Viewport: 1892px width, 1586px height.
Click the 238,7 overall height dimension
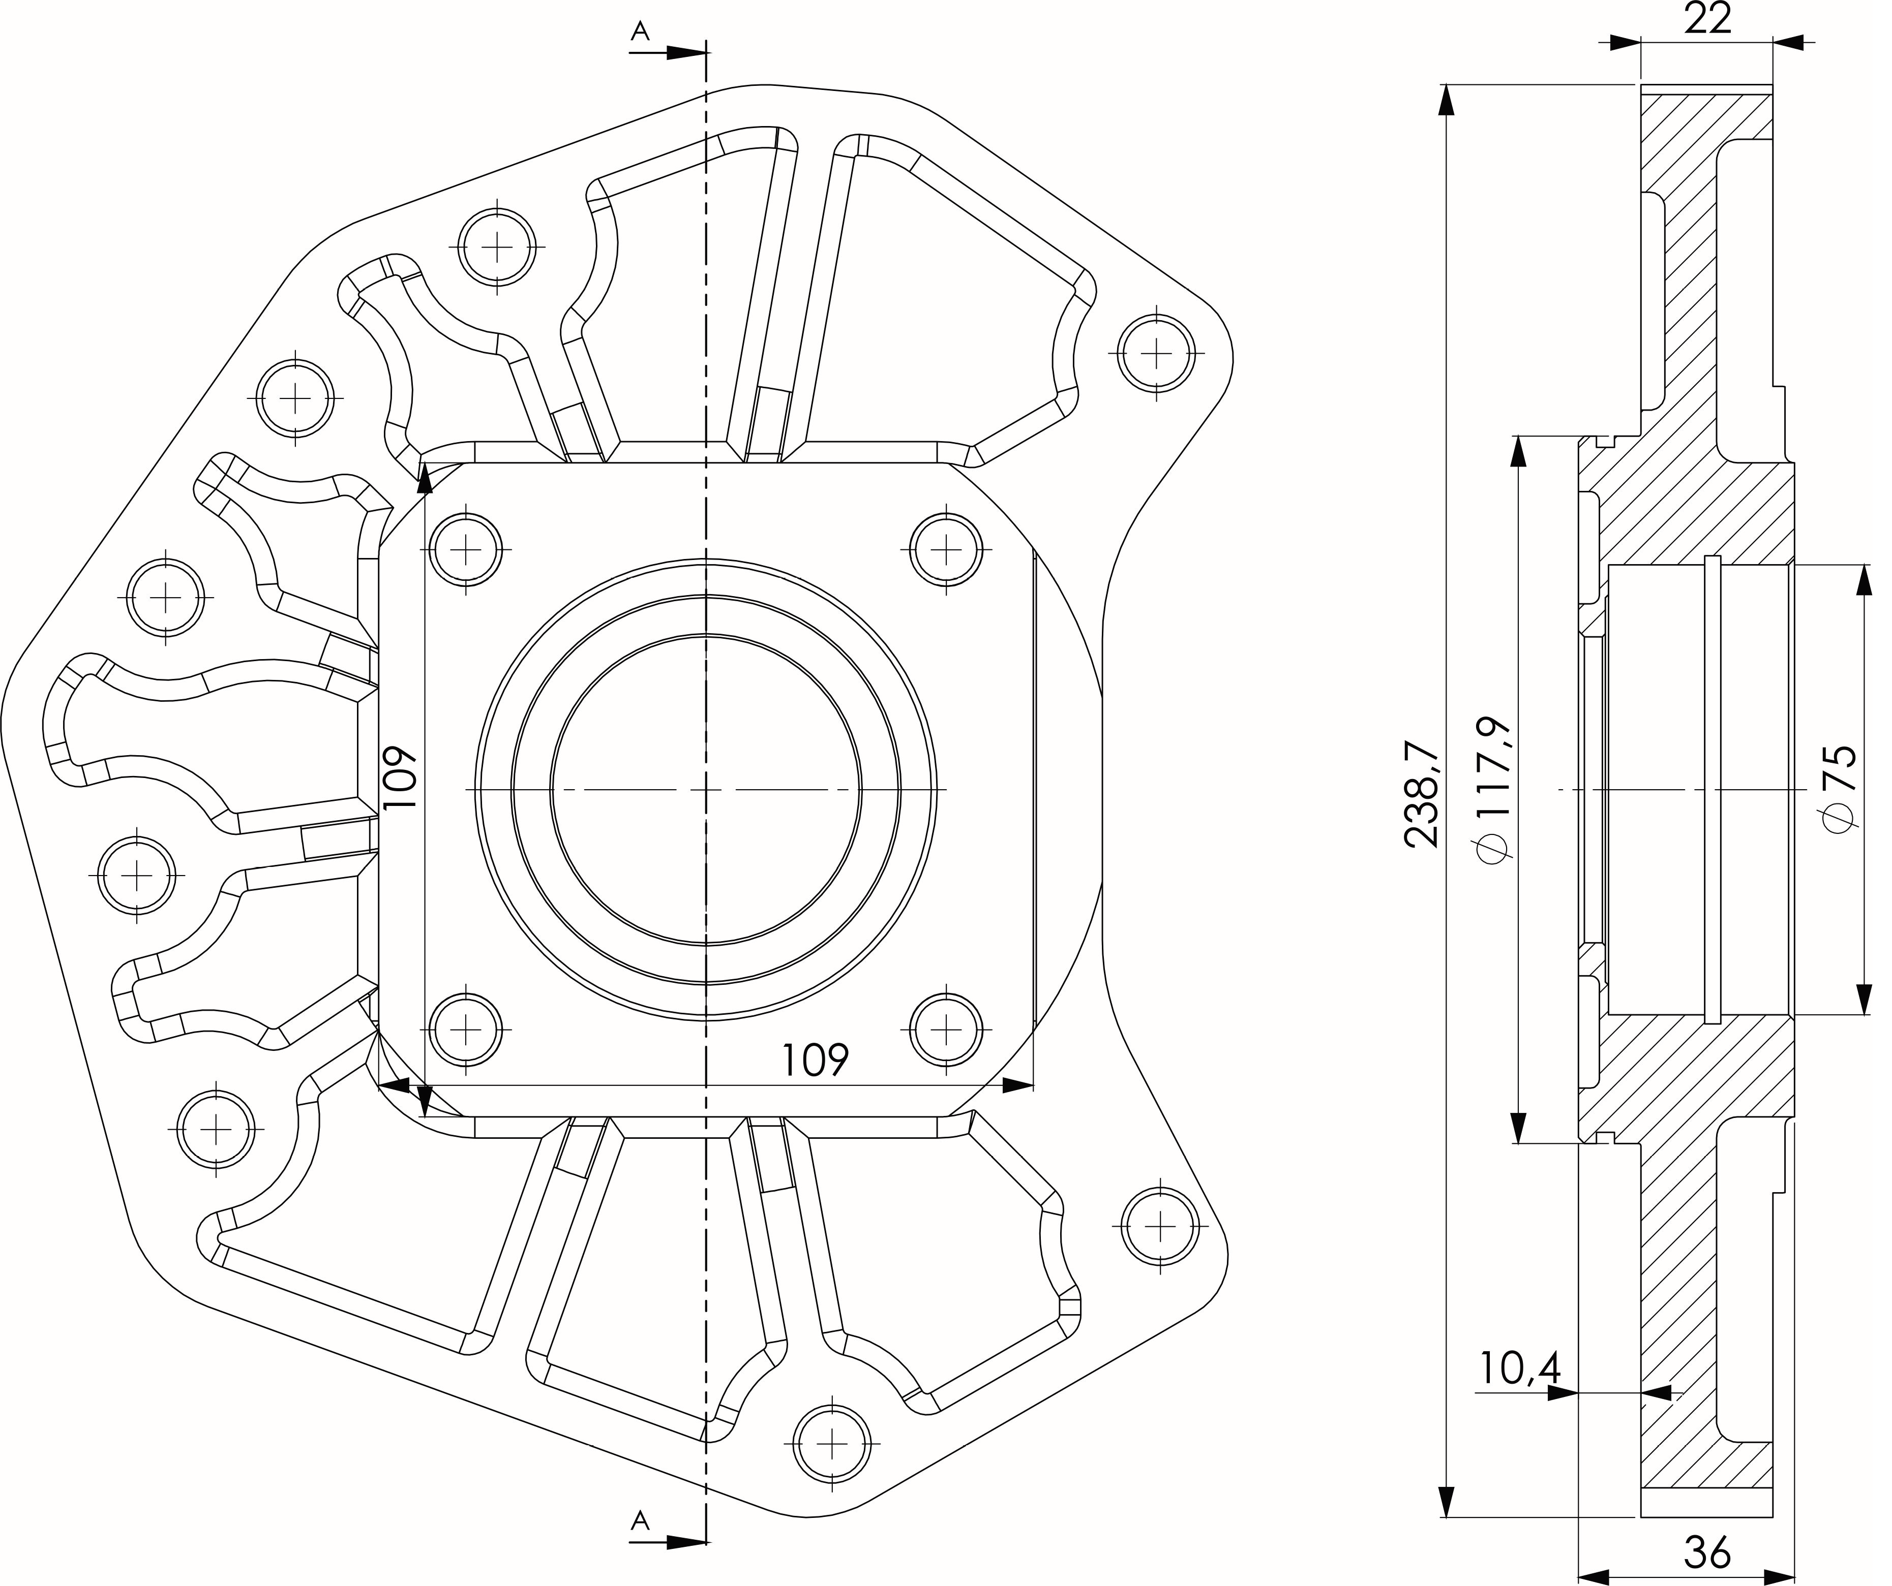[1424, 795]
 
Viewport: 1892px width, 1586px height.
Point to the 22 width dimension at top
[1707, 18]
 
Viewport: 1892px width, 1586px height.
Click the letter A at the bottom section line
[640, 1521]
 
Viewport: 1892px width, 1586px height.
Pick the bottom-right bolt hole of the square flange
[945, 1029]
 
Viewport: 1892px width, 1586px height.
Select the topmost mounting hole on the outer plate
[497, 247]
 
